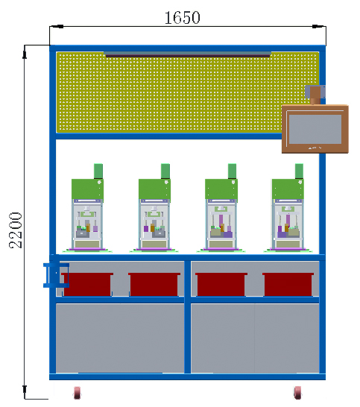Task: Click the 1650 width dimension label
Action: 183,18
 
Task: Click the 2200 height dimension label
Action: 16,230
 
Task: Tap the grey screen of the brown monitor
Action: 315,129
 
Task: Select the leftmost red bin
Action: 87,284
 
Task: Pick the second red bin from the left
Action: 154,284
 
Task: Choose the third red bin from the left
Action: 221,284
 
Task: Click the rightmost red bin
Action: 288,284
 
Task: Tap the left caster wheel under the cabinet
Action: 77,392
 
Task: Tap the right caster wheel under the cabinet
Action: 297,392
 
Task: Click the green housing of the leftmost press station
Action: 87,189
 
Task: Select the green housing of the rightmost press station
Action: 288,189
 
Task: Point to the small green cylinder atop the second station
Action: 165,171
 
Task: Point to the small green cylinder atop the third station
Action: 232,171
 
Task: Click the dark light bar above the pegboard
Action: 188,55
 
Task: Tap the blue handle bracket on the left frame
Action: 56,275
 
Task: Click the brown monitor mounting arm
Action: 315,95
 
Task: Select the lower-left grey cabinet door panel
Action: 120,338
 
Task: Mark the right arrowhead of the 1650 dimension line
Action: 319,26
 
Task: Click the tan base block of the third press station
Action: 221,244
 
